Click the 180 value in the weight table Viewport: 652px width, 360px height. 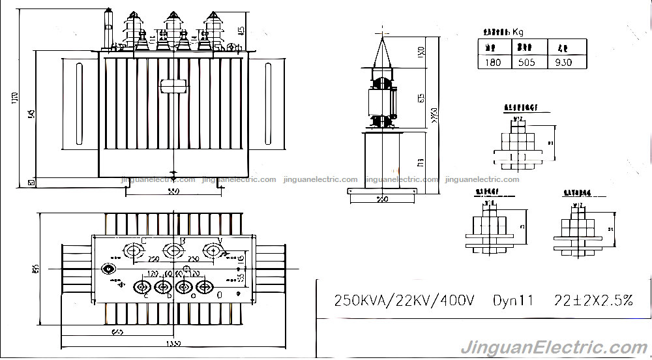point(494,63)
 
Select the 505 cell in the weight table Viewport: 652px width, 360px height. point(526,63)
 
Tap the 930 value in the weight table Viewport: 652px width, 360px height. point(563,63)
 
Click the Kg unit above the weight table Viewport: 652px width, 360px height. point(518,31)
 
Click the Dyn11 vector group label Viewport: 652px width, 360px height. point(513,301)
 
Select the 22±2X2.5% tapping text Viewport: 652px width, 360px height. point(593,301)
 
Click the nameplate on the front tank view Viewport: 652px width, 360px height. point(172,85)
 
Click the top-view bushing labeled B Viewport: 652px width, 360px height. point(173,250)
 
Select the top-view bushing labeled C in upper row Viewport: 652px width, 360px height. point(134,250)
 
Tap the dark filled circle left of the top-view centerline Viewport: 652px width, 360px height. point(108,268)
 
